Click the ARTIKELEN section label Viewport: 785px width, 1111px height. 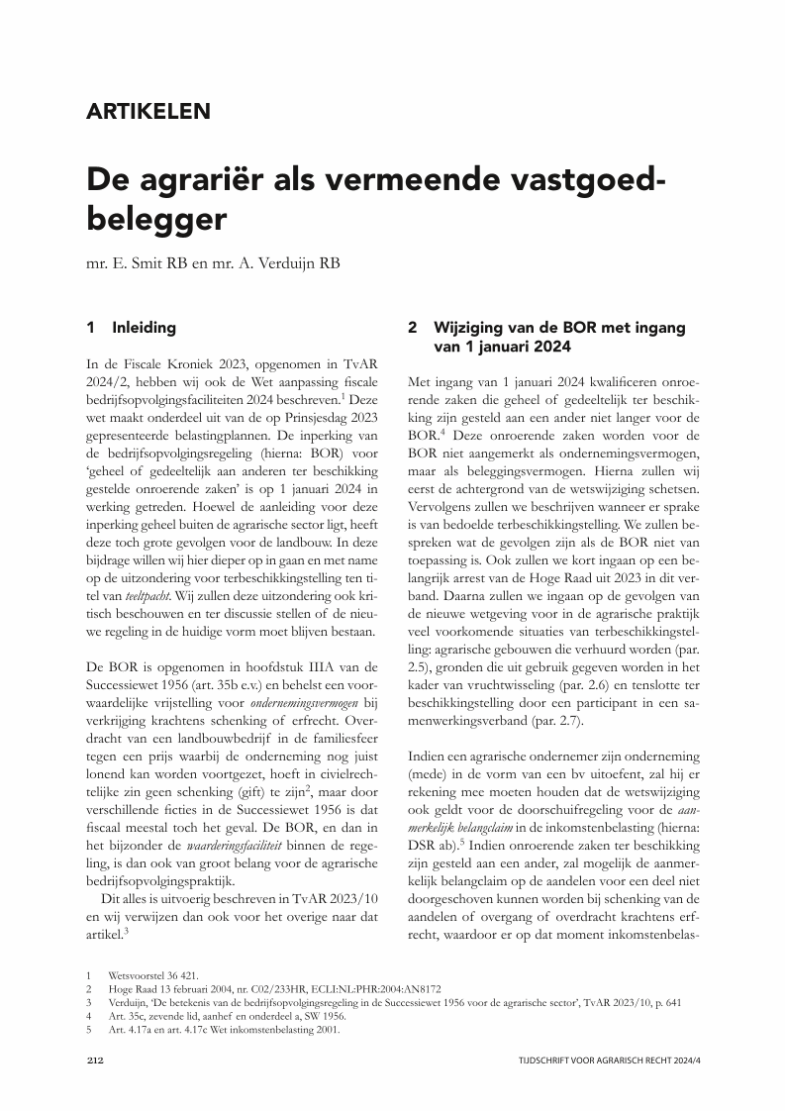(148, 111)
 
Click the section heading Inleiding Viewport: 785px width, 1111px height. (145, 327)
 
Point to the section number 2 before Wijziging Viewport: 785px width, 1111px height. (413, 327)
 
